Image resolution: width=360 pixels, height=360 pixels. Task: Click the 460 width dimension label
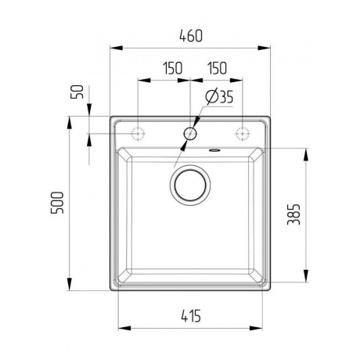pyautogui.click(x=191, y=36)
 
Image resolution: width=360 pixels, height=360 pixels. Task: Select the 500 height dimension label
pyautogui.click(x=57, y=203)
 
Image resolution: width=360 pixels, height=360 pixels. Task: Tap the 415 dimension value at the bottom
pyautogui.click(x=191, y=316)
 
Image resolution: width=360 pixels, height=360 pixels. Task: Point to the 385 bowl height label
pyautogui.click(x=293, y=214)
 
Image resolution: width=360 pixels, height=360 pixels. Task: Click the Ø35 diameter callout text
pyautogui.click(x=219, y=97)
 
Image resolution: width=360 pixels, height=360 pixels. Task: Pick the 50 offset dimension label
pyautogui.click(x=77, y=92)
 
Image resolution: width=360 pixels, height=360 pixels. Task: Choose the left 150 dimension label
pyautogui.click(x=173, y=68)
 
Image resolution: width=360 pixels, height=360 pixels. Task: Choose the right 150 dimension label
pyautogui.click(x=218, y=68)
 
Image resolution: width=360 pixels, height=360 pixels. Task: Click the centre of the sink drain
pyautogui.click(x=190, y=185)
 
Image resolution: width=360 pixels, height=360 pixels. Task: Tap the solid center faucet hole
pyautogui.click(x=190, y=134)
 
